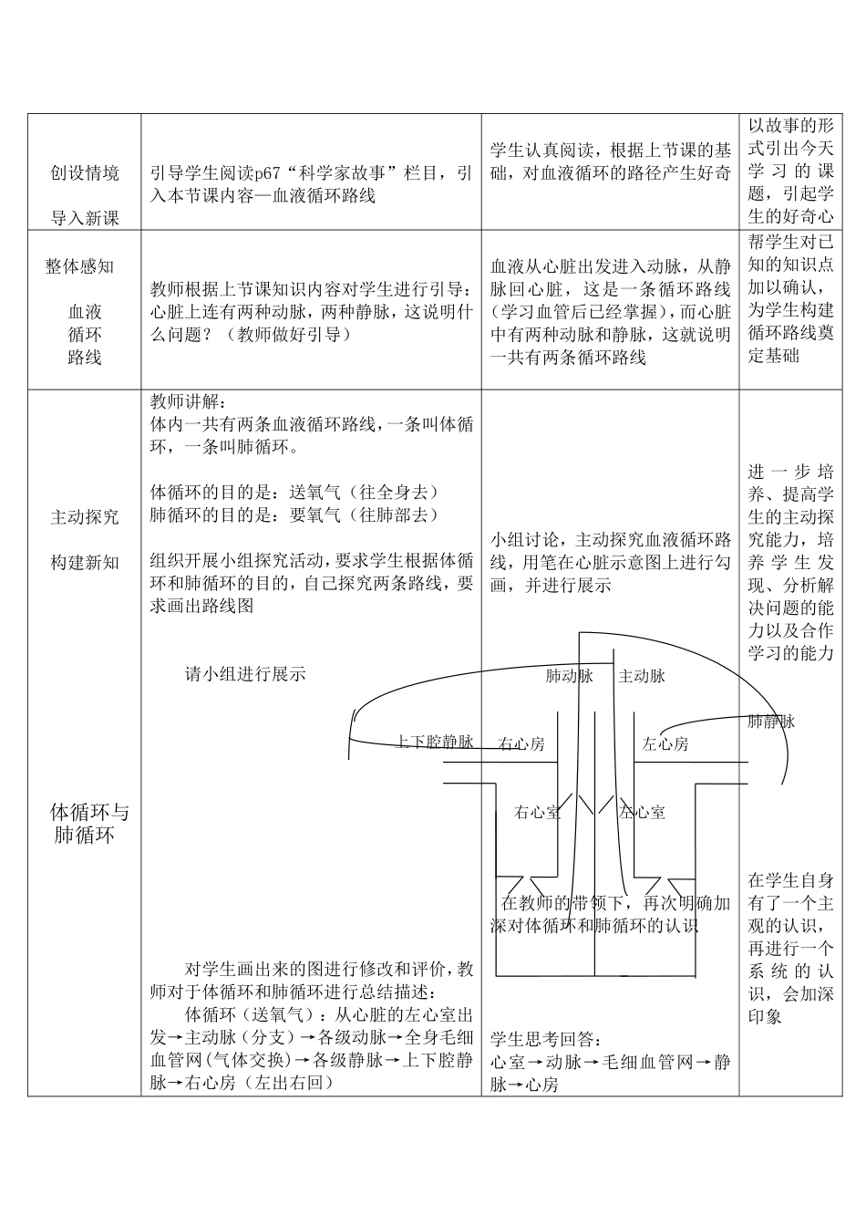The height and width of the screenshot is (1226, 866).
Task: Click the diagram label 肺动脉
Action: click(x=569, y=676)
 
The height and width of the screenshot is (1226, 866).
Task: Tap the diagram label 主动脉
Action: click(x=642, y=676)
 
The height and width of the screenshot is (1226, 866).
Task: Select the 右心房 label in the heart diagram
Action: click(x=521, y=743)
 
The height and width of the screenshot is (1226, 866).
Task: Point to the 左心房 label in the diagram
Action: click(x=665, y=743)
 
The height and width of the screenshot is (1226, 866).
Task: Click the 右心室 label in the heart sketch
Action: click(x=537, y=811)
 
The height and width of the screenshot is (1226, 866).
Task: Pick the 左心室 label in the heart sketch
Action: click(x=643, y=811)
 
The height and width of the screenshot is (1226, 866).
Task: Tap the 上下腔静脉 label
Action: click(x=434, y=742)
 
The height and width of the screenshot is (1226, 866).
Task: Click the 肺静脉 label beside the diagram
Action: click(x=771, y=722)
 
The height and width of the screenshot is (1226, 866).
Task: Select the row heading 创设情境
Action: click(x=84, y=173)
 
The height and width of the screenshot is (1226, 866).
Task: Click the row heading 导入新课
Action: click(x=84, y=218)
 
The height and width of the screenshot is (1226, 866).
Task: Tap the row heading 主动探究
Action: click(x=84, y=517)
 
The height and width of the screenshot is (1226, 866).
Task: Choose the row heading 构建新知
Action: click(x=84, y=563)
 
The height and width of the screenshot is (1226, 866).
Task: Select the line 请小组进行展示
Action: click(x=245, y=675)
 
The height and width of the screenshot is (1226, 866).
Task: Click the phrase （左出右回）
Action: click(x=290, y=1083)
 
